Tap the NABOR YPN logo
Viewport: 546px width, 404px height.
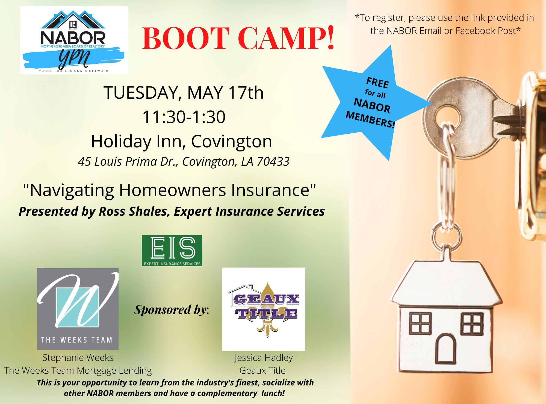(x=74, y=40)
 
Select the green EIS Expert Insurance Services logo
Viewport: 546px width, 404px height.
(x=172, y=251)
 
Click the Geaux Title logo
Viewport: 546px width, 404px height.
(x=264, y=309)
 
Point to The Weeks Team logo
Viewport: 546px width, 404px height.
(x=78, y=309)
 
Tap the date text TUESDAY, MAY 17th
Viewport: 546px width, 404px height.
(x=184, y=93)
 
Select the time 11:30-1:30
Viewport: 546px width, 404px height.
(x=184, y=117)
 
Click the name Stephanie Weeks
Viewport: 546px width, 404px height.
(x=78, y=358)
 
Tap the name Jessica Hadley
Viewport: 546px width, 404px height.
(x=264, y=358)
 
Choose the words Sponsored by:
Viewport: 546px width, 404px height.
(x=172, y=310)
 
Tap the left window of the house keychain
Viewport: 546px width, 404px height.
(x=420, y=324)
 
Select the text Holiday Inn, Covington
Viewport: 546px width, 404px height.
(x=182, y=142)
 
